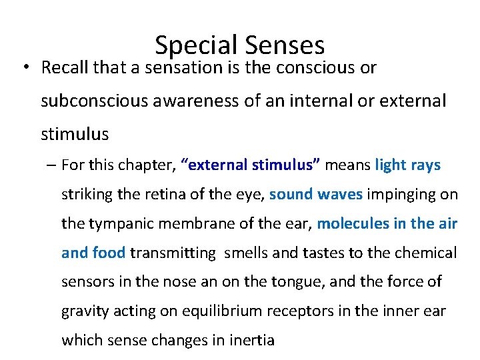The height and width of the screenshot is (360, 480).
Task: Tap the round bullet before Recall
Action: (x=25, y=68)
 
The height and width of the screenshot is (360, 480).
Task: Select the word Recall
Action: (x=65, y=68)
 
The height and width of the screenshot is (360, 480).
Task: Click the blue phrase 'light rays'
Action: (x=408, y=165)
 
